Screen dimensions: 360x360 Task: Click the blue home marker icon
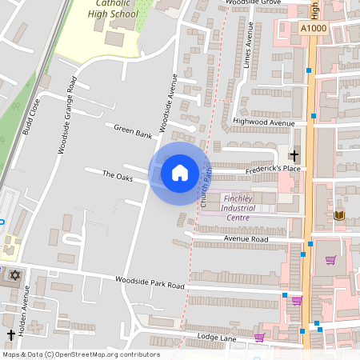pos(180,172)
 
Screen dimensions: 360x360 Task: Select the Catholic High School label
pos(111,9)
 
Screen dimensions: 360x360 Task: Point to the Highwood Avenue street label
pos(263,122)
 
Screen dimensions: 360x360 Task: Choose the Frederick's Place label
pos(273,169)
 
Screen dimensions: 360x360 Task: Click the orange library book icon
pos(338,215)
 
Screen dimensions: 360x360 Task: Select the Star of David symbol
pos(14,275)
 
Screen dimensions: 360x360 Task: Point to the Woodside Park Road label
pos(150,284)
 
